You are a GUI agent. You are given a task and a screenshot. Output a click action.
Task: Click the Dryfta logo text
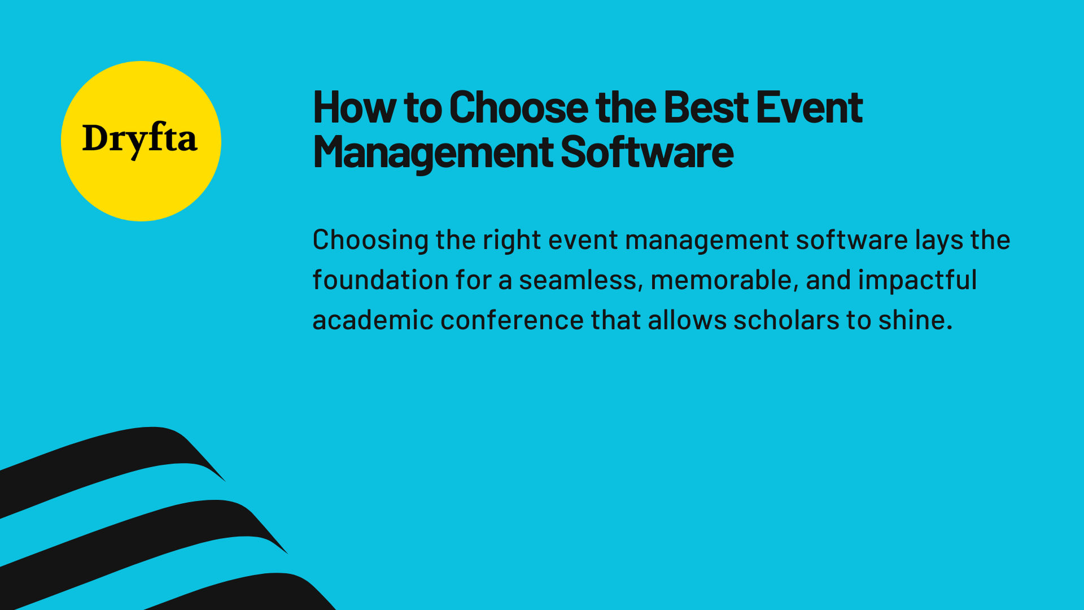coord(140,139)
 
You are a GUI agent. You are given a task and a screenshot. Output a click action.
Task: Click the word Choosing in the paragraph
coord(370,241)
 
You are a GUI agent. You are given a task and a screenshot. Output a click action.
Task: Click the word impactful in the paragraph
coord(917,280)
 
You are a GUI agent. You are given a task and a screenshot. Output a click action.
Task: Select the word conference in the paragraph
coord(512,320)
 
